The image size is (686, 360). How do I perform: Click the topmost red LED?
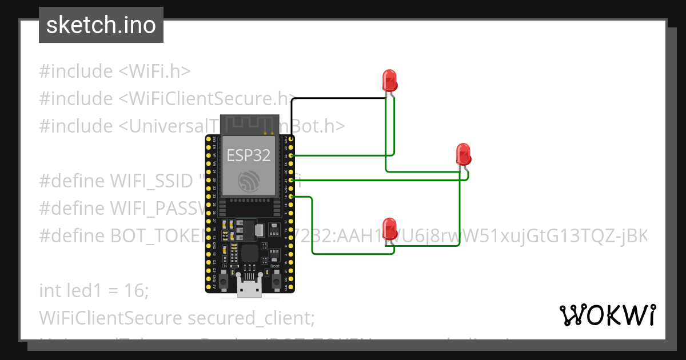(390, 80)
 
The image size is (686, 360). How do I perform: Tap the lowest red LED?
(390, 227)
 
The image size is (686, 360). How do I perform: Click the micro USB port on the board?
(250, 289)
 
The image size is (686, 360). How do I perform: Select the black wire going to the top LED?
(337, 98)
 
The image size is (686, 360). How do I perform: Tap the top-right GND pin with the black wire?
(292, 139)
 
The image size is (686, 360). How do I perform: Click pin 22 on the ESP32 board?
(292, 155)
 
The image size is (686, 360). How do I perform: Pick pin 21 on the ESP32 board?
(292, 180)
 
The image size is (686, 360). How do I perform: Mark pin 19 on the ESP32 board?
(292, 197)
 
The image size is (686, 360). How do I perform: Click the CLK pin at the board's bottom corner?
(292, 287)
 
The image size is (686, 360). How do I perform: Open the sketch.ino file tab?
(101, 25)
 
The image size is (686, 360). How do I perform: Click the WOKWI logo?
(607, 315)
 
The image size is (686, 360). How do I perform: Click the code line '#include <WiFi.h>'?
(114, 71)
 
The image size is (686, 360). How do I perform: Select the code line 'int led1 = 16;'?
(94, 290)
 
